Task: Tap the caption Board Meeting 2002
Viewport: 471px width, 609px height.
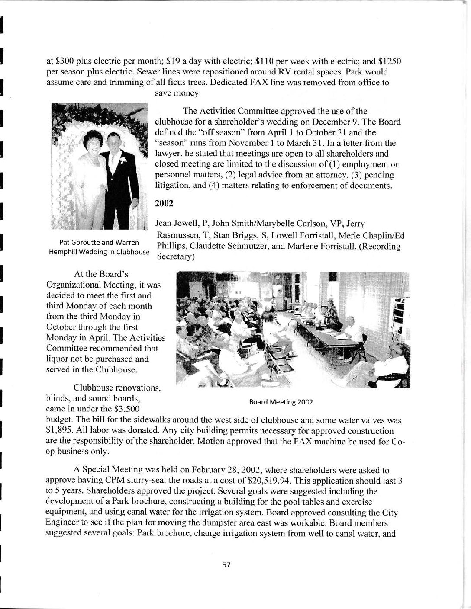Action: pyautogui.click(x=281, y=401)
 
